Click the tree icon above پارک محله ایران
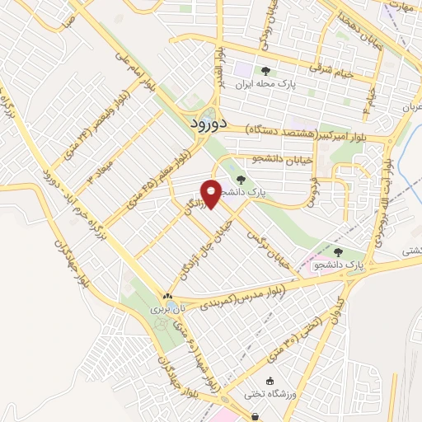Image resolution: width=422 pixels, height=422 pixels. tap(265, 72)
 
